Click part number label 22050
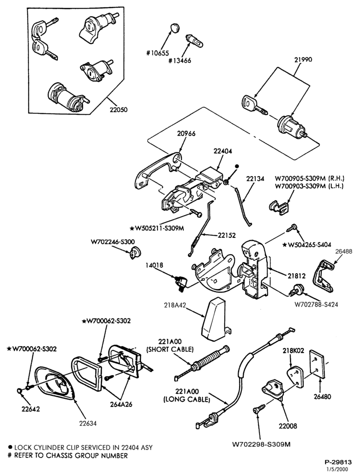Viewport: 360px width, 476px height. tap(119, 110)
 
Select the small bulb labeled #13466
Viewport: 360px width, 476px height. tap(194, 40)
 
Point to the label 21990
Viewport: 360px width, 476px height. tap(303, 59)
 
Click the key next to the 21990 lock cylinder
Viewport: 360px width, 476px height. tap(255, 106)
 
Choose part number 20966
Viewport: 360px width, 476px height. tap(187, 133)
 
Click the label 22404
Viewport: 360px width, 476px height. tap(223, 151)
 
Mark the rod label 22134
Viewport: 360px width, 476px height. tap(255, 179)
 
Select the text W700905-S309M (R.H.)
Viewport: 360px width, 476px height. tap(310, 178)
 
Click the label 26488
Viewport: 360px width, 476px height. tap(344, 251)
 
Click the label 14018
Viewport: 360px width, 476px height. tap(154, 265)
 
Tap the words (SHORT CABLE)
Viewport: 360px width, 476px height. tap(170, 349)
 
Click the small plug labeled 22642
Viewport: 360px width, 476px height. tap(20, 390)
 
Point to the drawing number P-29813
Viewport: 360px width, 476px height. tap(338, 462)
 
